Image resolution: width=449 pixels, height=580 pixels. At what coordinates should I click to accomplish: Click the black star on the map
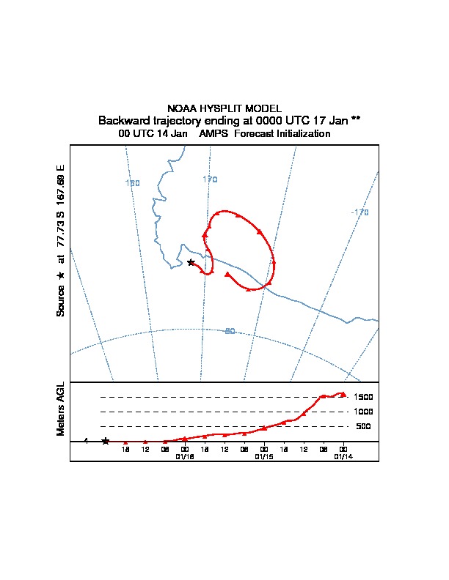[x=191, y=262]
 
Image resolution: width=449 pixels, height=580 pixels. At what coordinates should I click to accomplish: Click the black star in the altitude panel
[x=106, y=441]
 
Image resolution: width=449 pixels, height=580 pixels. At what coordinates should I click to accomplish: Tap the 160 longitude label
[x=133, y=183]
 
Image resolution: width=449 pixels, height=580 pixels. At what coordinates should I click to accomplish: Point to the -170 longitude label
[x=359, y=212]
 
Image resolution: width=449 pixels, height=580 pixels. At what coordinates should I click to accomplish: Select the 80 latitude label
[x=230, y=332]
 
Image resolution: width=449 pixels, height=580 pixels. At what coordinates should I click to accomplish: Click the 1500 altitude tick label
[x=363, y=397]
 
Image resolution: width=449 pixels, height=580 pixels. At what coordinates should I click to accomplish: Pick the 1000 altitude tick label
[x=363, y=412]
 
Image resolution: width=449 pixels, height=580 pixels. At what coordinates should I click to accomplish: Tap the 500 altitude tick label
[x=363, y=426]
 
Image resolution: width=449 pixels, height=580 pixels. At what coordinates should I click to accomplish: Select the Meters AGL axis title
[x=61, y=409]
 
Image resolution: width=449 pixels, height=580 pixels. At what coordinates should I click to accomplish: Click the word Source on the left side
[x=61, y=301]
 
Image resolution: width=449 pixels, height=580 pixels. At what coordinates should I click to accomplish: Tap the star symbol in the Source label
[x=61, y=275]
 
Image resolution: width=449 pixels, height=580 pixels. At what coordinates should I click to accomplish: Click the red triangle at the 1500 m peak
[x=343, y=394]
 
